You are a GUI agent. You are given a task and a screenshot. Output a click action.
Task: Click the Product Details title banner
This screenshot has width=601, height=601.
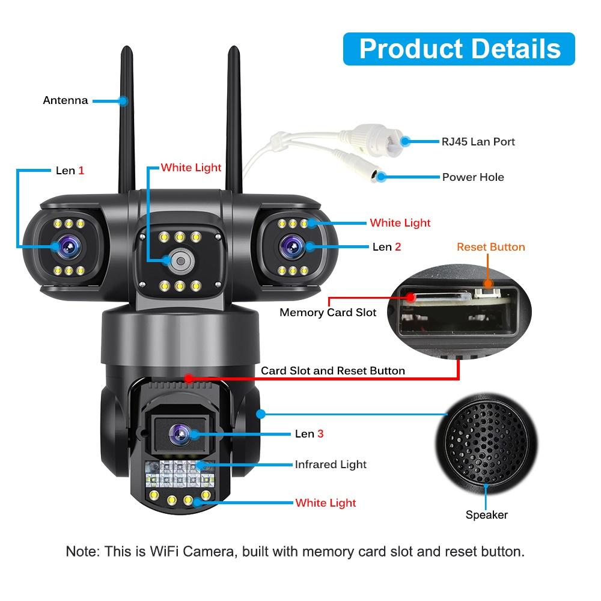[459, 49]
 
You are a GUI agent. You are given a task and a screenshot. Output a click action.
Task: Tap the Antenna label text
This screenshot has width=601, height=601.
[65, 100]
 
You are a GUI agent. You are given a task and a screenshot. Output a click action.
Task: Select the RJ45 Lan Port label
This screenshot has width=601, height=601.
[478, 142]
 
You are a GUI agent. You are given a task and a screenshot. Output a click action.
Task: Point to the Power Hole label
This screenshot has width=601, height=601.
[473, 177]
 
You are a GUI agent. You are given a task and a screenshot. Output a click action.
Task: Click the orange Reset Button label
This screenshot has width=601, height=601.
[490, 247]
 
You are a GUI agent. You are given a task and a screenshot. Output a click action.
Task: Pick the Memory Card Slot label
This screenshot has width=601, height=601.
[328, 313]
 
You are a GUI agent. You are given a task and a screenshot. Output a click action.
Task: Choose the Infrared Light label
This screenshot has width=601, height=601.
[330, 465]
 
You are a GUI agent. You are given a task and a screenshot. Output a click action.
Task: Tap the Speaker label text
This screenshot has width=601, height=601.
[486, 515]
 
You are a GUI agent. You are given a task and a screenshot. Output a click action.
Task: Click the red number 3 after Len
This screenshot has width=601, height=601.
[320, 433]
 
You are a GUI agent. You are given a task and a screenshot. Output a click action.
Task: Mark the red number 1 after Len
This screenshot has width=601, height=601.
[81, 171]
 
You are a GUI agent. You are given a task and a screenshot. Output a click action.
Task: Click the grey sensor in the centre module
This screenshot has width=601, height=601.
[179, 260]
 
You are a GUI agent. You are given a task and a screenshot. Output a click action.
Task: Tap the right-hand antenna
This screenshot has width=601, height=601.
[234, 114]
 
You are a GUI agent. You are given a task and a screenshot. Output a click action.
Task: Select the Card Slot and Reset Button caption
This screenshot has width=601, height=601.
[332, 371]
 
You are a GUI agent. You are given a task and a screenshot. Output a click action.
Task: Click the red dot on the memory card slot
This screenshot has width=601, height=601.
[410, 297]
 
